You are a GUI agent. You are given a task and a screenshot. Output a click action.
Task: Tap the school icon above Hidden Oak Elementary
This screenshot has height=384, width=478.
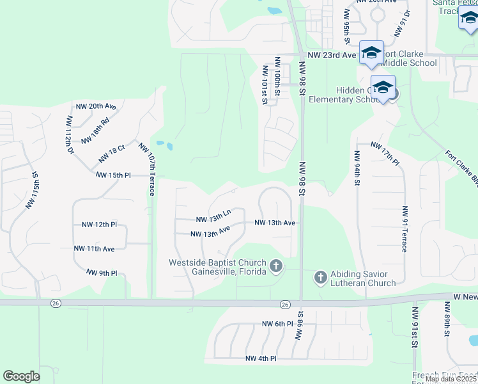pos(383,88)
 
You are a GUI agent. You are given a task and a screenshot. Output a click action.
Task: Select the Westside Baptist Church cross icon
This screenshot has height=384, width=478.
pos(276,266)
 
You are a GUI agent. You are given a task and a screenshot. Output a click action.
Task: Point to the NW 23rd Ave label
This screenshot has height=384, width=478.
pos(330,55)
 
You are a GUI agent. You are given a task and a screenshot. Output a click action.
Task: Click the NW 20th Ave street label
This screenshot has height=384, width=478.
pos(96,106)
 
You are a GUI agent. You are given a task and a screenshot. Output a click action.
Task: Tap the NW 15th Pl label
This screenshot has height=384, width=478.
pos(113,175)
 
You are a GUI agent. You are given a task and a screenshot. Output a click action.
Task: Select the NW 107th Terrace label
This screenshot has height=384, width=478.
pos(148,161)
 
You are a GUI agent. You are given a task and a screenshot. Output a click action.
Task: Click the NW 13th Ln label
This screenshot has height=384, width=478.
pos(212,216)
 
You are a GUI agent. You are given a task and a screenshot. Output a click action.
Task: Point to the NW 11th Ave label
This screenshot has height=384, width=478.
pos(94,248)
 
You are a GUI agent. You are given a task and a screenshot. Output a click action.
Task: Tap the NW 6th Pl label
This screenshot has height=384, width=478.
pos(277,324)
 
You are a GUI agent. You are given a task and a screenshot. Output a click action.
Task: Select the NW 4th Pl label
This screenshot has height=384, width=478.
pos(261,359)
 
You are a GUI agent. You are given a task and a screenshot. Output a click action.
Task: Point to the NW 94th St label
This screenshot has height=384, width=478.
pos(356,168)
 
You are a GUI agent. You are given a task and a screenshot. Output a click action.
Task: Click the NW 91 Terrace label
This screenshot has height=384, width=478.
pos(405,229)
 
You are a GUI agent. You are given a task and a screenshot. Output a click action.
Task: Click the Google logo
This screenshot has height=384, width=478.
pos(21,376)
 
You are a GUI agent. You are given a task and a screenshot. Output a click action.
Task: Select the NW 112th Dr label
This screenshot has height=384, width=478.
pos(68,132)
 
